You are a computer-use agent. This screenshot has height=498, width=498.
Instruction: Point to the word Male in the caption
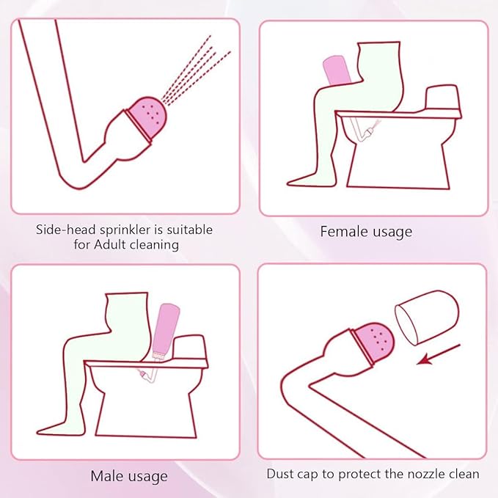tap(107, 476)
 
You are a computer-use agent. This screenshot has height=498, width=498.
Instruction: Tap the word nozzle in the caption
tap(426, 475)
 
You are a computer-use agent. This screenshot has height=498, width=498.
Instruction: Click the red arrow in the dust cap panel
tap(439, 354)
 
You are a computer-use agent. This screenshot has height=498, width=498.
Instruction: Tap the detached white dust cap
tap(427, 318)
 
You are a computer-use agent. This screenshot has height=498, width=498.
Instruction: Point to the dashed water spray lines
tap(195, 70)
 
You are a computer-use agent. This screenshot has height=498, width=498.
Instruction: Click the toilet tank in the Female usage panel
tap(442, 98)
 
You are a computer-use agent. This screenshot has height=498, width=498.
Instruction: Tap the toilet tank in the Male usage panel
tap(190, 348)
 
